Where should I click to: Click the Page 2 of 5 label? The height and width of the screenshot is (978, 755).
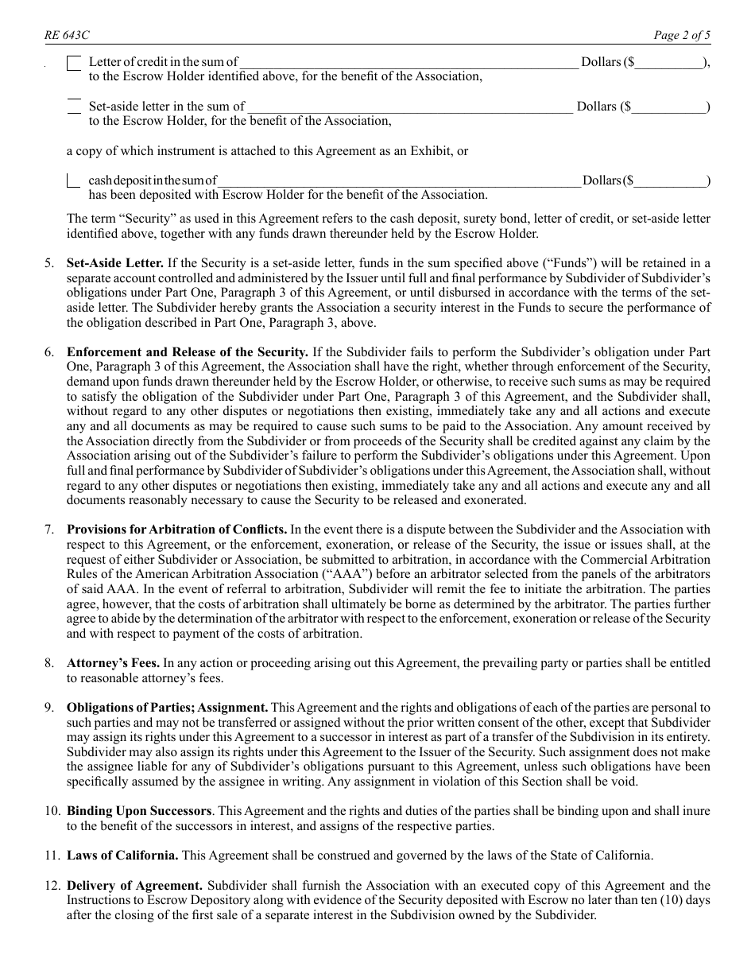[x=681, y=35]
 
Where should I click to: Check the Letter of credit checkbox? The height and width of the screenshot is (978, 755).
[x=74, y=63]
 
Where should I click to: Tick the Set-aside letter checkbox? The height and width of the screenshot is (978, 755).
[x=74, y=107]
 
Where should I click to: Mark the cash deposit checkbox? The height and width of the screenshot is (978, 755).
[x=74, y=181]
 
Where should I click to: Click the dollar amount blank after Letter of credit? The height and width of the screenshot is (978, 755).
[x=669, y=63]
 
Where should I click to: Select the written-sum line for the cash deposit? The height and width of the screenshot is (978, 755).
[x=400, y=181]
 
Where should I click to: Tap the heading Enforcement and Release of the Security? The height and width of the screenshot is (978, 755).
[x=188, y=351]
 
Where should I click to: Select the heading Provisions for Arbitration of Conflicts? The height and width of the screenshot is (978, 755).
[x=176, y=530]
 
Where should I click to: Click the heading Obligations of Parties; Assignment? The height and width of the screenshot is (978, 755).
[x=167, y=708]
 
